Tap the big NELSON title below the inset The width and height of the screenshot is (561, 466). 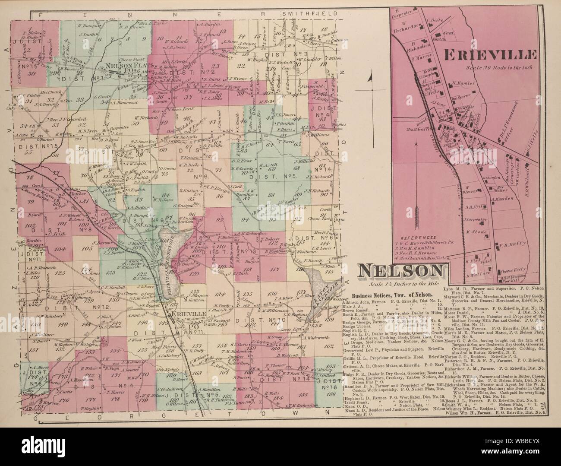coord(401,271)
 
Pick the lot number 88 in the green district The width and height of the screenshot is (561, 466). coord(271,195)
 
